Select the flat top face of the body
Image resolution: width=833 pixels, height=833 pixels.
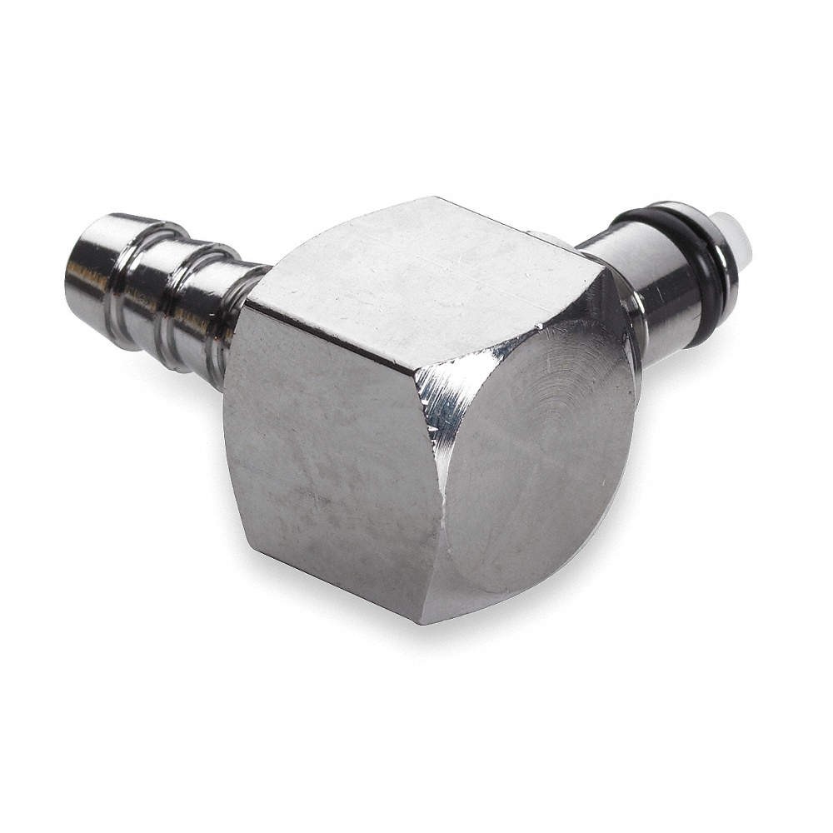(425, 267)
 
